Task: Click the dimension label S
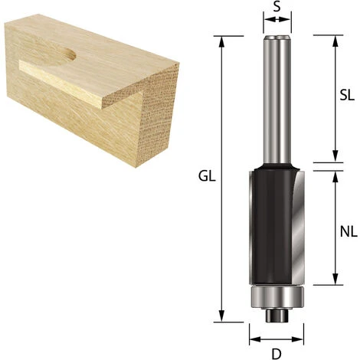pyautogui.click(x=277, y=7)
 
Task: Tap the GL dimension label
pyautogui.click(x=207, y=176)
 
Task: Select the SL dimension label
pyautogui.click(x=347, y=96)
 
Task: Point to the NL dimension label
pyautogui.click(x=349, y=232)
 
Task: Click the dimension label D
pyautogui.click(x=277, y=354)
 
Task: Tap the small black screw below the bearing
pyautogui.click(x=277, y=315)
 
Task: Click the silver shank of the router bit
pyautogui.click(x=277, y=100)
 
